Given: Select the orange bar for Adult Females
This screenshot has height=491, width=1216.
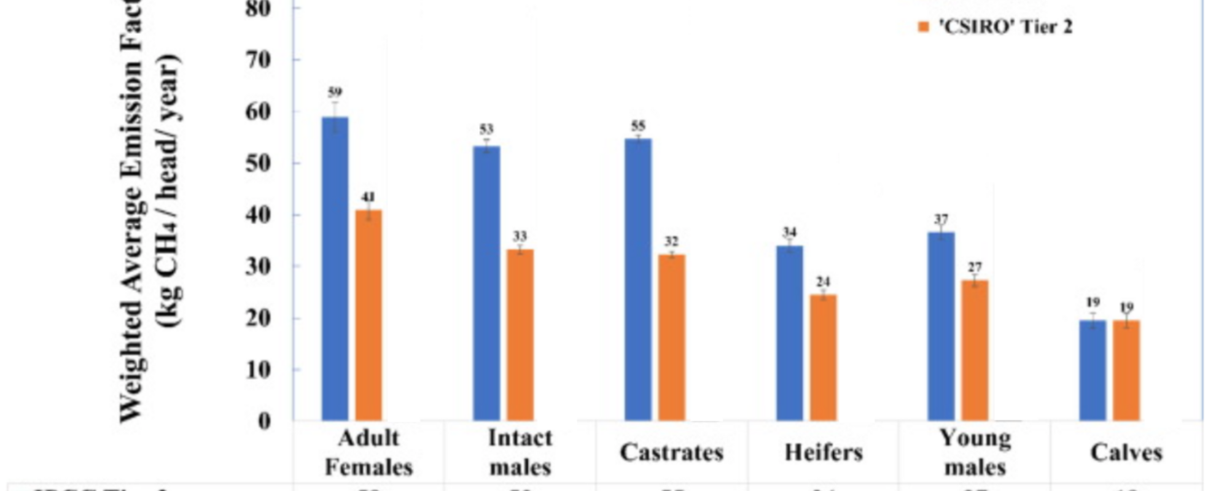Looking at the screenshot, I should tap(368, 315).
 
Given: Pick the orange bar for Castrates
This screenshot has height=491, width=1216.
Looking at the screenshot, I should tap(672, 338).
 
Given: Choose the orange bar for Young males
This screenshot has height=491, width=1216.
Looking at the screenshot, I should tap(975, 350).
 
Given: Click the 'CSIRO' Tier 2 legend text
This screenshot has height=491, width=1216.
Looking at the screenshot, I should tap(1005, 27).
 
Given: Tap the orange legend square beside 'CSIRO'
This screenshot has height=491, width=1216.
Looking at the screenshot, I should tap(924, 26).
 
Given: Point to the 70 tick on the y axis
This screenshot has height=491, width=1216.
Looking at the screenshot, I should tap(258, 60).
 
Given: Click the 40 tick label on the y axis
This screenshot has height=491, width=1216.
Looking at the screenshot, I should tap(258, 215).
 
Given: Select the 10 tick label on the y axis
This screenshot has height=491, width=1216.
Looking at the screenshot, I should tap(258, 370).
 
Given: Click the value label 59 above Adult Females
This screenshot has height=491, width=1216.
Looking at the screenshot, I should tap(335, 93).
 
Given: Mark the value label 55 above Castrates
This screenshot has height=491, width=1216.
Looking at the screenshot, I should tap(638, 126).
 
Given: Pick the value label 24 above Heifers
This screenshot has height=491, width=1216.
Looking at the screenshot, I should tap(823, 282).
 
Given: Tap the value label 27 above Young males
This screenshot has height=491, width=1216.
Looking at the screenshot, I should tap(975, 268).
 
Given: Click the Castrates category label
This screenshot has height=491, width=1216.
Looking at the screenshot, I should tap(672, 453).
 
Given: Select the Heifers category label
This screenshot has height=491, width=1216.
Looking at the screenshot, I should tap(824, 453).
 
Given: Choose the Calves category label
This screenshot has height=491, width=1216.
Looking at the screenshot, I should tap(1126, 453).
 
